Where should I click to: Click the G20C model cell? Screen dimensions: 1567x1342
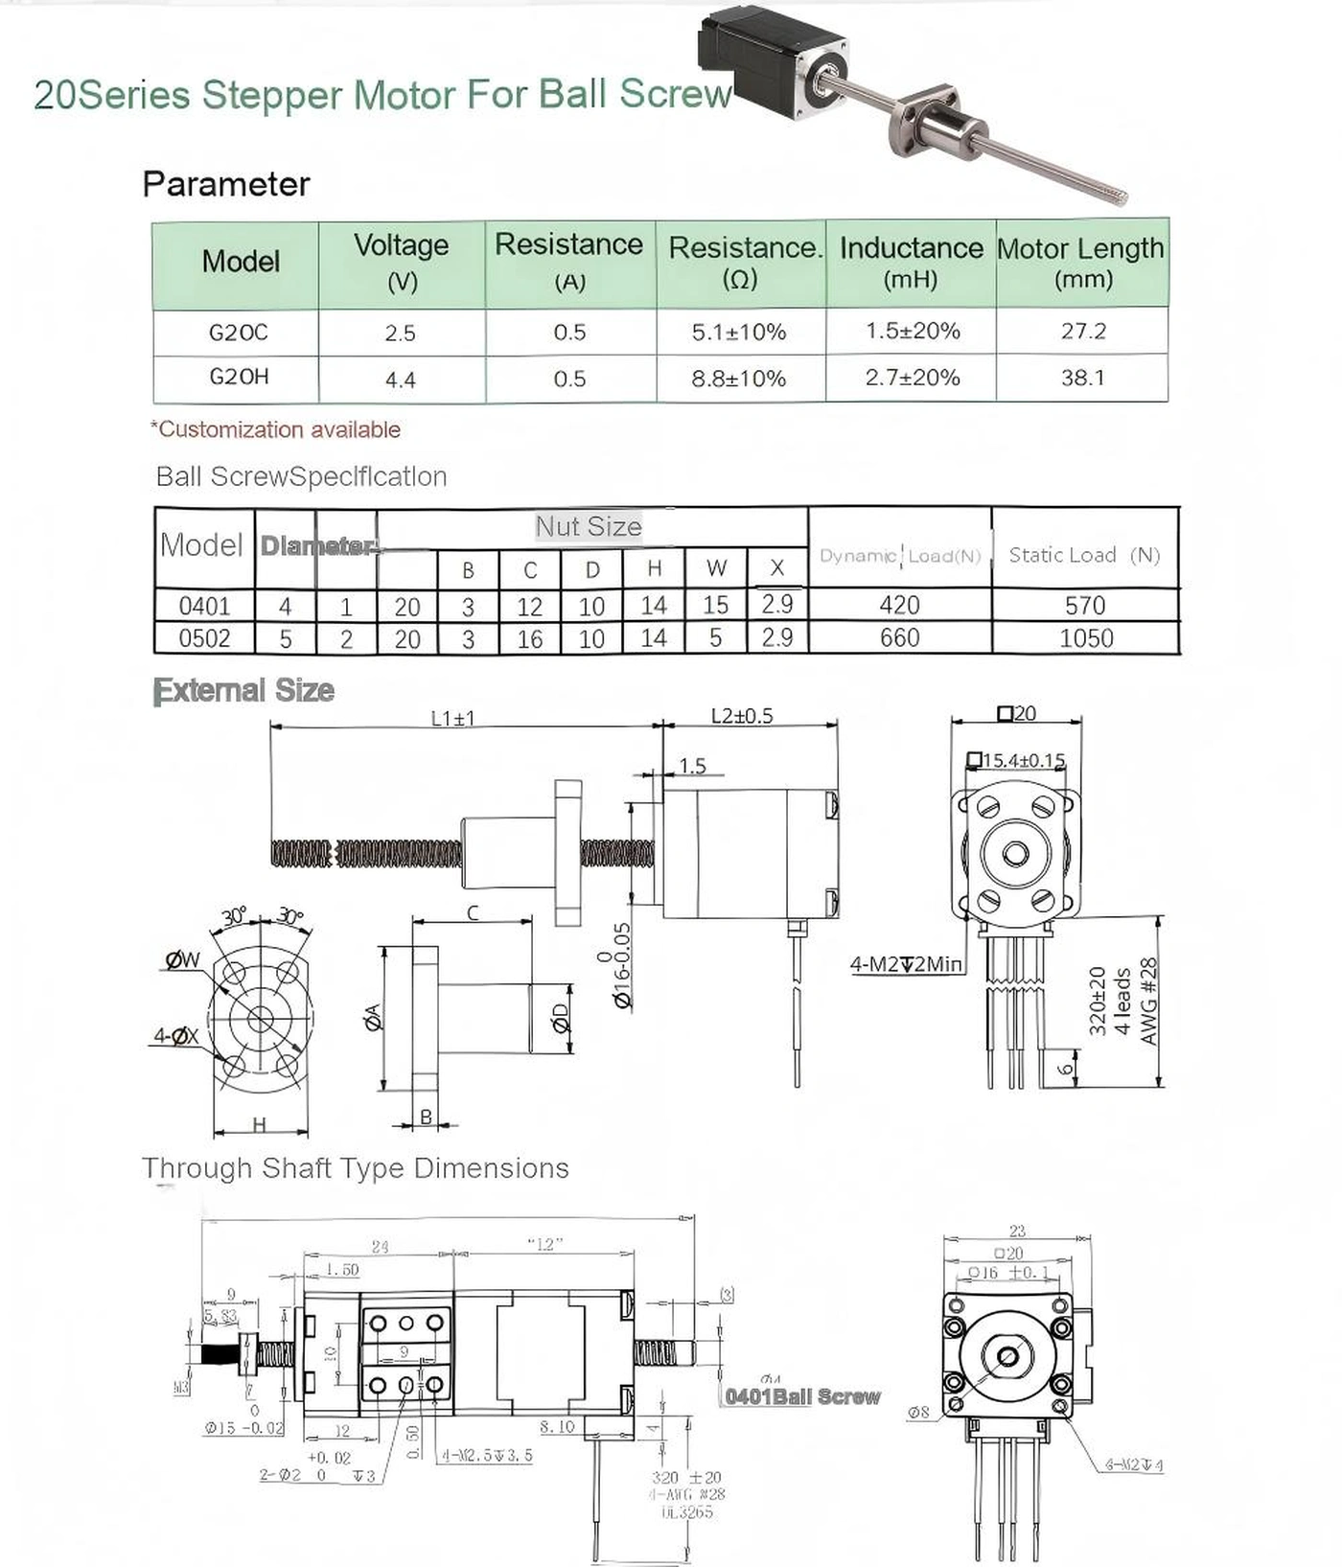(x=238, y=333)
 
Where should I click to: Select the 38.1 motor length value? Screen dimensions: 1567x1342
(x=1082, y=378)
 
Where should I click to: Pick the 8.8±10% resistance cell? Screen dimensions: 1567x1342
(x=739, y=379)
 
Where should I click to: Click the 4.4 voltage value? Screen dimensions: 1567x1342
(x=401, y=380)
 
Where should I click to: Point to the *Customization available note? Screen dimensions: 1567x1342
(x=276, y=429)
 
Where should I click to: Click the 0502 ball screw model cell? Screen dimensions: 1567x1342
(x=204, y=638)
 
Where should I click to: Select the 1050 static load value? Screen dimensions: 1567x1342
(x=1085, y=638)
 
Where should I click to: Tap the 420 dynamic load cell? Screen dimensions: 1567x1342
(x=899, y=605)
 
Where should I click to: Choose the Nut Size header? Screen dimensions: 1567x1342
(x=589, y=526)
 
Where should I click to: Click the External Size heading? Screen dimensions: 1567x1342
(x=243, y=690)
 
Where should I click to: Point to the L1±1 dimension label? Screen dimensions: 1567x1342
(x=453, y=718)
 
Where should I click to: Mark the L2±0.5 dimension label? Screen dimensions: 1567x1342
(x=742, y=716)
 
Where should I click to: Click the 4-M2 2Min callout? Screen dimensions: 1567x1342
(x=906, y=964)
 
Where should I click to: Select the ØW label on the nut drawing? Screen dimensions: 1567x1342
(x=182, y=959)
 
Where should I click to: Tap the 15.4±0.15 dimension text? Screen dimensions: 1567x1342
(x=1023, y=760)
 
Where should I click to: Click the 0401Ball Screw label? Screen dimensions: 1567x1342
(x=802, y=1396)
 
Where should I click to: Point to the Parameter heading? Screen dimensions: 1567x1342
(x=226, y=184)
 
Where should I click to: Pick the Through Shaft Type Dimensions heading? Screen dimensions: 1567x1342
(x=356, y=1168)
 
